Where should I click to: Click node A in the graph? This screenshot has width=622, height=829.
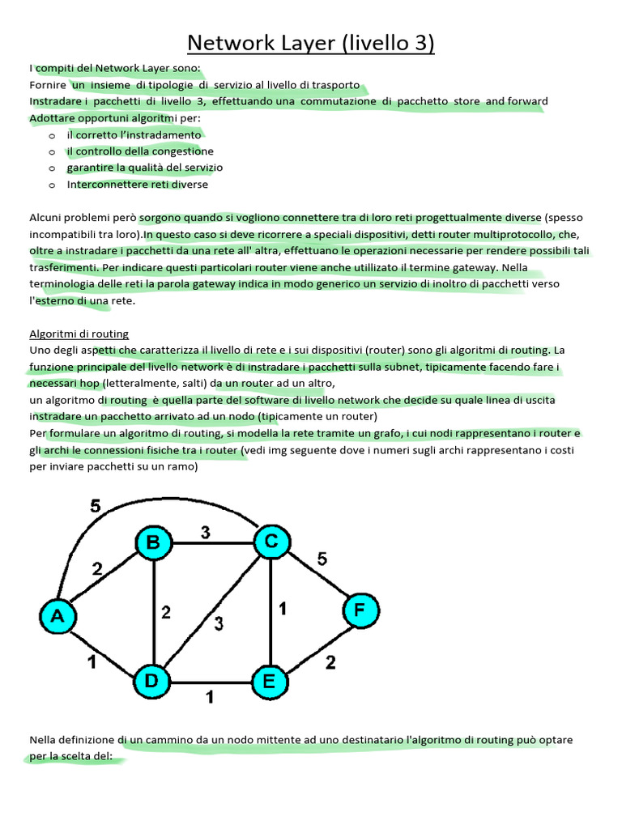tap(58, 617)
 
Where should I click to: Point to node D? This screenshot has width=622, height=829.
tap(151, 681)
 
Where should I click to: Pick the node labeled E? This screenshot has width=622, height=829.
tap(269, 682)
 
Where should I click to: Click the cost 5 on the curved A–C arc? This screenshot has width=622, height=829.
tap(96, 507)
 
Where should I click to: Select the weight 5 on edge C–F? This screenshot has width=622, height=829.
tap(322, 559)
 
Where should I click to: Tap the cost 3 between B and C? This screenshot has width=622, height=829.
tap(206, 533)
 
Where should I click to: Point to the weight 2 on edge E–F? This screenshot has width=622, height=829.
tap(330, 663)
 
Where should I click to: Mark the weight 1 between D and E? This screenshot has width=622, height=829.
tap(210, 695)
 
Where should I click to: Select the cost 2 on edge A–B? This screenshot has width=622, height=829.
tap(97, 569)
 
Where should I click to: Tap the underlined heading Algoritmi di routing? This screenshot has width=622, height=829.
tap(79, 334)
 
